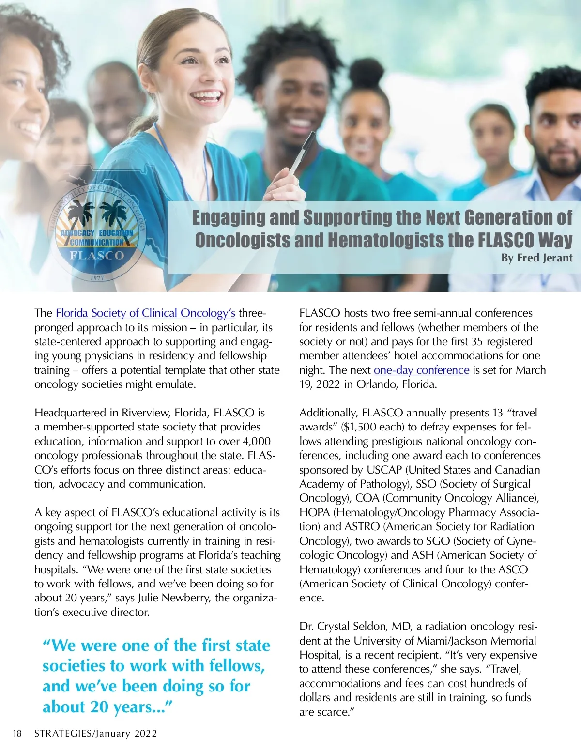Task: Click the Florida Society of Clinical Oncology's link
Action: (x=145, y=313)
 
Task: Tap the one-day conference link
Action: (x=421, y=370)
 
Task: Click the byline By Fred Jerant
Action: (x=536, y=258)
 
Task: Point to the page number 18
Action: (x=17, y=734)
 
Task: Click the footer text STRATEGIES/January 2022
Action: (x=96, y=734)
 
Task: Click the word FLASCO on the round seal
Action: (x=97, y=255)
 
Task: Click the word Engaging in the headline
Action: (x=229, y=218)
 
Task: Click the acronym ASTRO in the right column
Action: (x=362, y=527)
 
